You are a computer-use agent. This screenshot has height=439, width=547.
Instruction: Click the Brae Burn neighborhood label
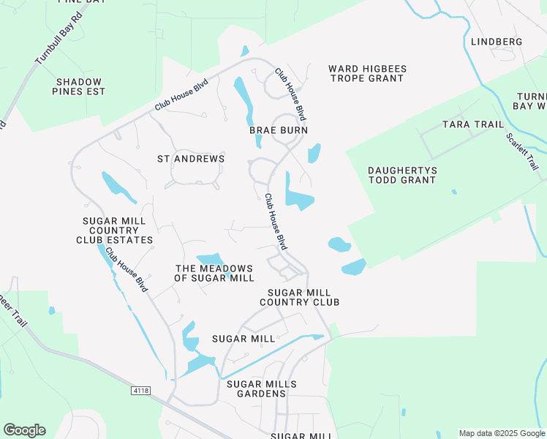(273, 130)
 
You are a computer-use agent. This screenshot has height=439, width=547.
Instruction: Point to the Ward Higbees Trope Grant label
(367, 73)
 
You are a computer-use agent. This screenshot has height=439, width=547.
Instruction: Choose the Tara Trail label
(473, 124)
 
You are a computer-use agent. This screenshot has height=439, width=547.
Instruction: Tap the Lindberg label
(497, 42)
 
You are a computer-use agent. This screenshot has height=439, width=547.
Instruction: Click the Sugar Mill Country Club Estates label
(115, 230)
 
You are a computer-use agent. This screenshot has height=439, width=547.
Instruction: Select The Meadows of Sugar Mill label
(214, 273)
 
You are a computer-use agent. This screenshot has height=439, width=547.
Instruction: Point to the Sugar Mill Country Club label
(299, 296)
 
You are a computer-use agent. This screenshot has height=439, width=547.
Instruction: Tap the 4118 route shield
(140, 391)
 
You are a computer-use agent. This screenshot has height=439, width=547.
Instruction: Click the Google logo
(24, 430)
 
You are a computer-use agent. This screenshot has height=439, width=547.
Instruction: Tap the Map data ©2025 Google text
(501, 433)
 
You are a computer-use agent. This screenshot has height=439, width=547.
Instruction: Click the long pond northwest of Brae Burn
(244, 99)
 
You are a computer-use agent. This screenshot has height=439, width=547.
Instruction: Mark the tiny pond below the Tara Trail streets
(454, 192)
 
